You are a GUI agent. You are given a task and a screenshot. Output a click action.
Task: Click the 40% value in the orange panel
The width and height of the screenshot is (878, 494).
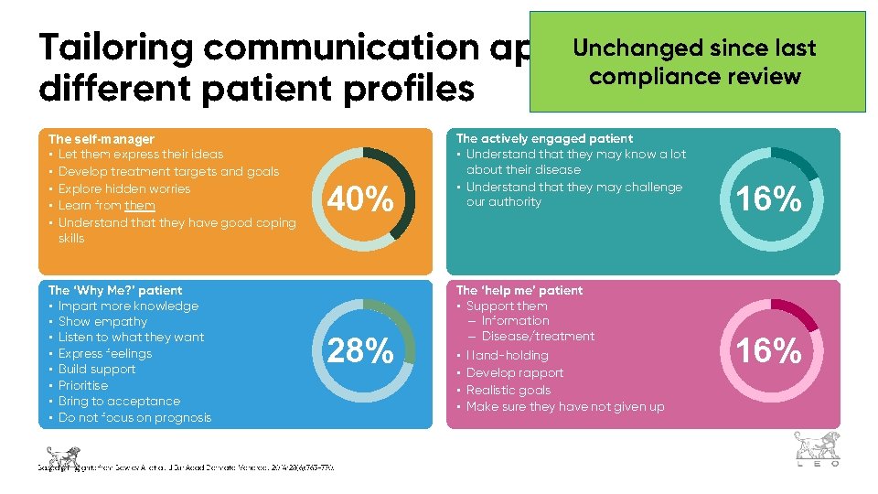click(361, 199)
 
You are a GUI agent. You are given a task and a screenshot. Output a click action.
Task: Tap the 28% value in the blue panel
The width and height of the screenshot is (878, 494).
click(361, 350)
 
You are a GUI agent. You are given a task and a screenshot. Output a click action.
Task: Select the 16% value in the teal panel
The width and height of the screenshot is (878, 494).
click(769, 199)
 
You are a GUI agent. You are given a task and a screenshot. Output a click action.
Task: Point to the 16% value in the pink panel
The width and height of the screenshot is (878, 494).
click(769, 350)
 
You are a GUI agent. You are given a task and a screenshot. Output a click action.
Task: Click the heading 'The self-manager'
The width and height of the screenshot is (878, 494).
click(101, 138)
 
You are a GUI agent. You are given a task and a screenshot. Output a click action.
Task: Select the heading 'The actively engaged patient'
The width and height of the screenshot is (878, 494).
click(544, 138)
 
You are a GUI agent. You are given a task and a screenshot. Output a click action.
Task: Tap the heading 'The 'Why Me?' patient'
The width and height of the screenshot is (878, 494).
click(114, 290)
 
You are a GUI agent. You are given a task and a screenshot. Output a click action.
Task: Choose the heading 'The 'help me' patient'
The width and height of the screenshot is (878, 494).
click(519, 290)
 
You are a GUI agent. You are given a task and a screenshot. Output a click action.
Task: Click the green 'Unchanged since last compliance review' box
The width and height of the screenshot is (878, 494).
click(695, 61)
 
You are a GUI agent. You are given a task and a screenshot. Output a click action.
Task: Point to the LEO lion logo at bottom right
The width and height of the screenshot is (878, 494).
click(817, 450)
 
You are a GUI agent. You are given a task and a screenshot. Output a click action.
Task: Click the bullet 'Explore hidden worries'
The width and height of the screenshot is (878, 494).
click(124, 188)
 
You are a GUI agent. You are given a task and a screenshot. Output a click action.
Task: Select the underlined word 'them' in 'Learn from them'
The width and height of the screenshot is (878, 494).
click(140, 206)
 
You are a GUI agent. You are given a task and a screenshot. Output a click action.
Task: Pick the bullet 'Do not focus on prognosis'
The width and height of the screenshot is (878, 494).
click(134, 417)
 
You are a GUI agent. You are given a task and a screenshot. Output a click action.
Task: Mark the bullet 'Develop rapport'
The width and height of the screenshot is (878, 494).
click(515, 372)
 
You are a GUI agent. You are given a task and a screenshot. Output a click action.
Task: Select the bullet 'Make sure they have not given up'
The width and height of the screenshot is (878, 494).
click(565, 406)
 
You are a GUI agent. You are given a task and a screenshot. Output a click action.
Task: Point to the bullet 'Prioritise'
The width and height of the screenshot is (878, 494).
click(83, 385)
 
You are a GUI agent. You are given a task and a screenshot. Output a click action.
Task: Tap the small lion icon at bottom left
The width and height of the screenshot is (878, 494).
click(62, 455)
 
